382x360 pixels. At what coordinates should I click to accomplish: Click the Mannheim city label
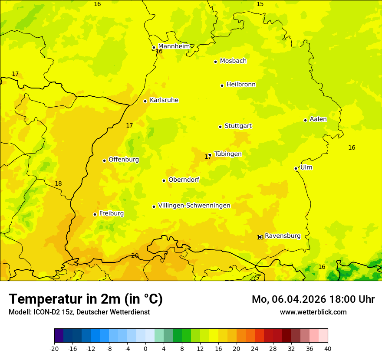[x=174, y=46]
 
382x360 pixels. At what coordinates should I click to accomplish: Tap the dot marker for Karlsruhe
[x=145, y=101]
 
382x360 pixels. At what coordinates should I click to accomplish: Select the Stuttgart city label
[x=238, y=126]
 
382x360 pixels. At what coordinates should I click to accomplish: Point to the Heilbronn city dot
[x=222, y=85]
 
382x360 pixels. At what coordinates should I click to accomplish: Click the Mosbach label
[x=233, y=61]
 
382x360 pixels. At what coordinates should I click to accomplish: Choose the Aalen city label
[x=318, y=119]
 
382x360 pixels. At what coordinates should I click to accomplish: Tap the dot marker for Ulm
[x=296, y=168]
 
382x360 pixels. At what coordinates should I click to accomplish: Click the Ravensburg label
[x=283, y=236]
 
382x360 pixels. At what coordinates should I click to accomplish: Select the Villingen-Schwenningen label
[x=194, y=206]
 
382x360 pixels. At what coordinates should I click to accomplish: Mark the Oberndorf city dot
[x=164, y=180]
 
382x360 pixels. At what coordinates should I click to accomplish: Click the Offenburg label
[x=124, y=160]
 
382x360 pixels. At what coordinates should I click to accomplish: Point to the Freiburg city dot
[x=95, y=214]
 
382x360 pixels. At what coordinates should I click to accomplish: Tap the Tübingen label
[x=228, y=154]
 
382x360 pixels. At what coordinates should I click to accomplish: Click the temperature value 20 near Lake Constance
[x=135, y=255]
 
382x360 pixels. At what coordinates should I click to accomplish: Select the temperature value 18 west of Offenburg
[x=58, y=183]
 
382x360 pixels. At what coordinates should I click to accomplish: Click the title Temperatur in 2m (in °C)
[x=86, y=299]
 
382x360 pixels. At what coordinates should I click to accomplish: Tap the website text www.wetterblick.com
[x=313, y=312]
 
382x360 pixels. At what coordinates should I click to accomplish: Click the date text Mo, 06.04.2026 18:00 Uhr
[x=313, y=299]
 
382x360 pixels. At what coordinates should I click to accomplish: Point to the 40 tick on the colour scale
[x=327, y=348]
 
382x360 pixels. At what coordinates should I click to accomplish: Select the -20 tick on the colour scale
[x=54, y=348]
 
